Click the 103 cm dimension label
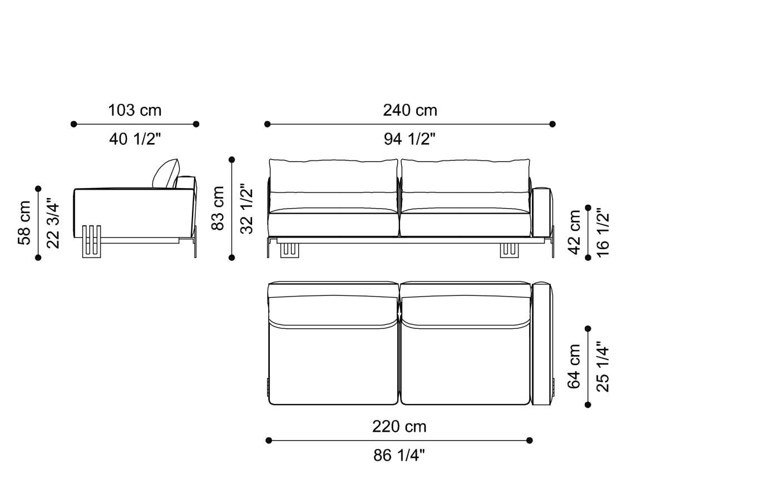pos(135,110)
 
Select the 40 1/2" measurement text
pos(135,139)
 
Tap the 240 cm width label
pos(410,110)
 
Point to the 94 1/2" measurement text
pos(410,139)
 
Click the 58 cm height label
pos(24,223)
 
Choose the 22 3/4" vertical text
pos(52,223)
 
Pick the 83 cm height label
pos(218,208)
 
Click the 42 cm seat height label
pos(574,232)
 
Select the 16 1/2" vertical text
pos(603,232)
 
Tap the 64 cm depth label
pos(574,366)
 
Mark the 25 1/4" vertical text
pos(603,366)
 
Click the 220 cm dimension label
pos(399,427)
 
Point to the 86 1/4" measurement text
pos(399,456)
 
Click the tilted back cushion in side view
pos(166,174)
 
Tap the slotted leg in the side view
pos(91,241)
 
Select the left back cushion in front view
pos(333,177)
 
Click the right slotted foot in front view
pos(509,250)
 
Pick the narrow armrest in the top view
pos(541,344)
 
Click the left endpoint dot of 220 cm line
pos(269,441)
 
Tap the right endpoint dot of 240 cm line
pos(552,124)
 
